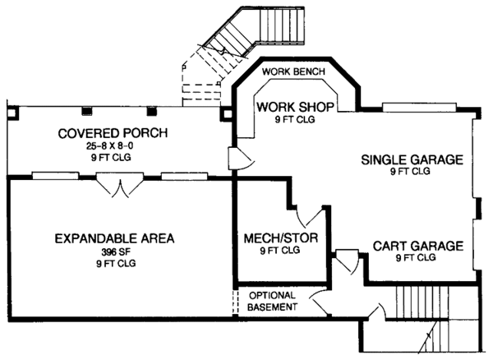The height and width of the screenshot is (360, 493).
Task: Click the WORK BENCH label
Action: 295,72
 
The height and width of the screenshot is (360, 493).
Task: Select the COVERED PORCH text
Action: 113,133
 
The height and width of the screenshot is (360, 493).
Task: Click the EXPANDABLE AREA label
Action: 115,239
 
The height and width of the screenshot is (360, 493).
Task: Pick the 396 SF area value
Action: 115,252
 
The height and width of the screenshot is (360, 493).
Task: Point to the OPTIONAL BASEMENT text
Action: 272,301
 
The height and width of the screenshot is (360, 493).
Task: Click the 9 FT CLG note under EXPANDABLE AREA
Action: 115,263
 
